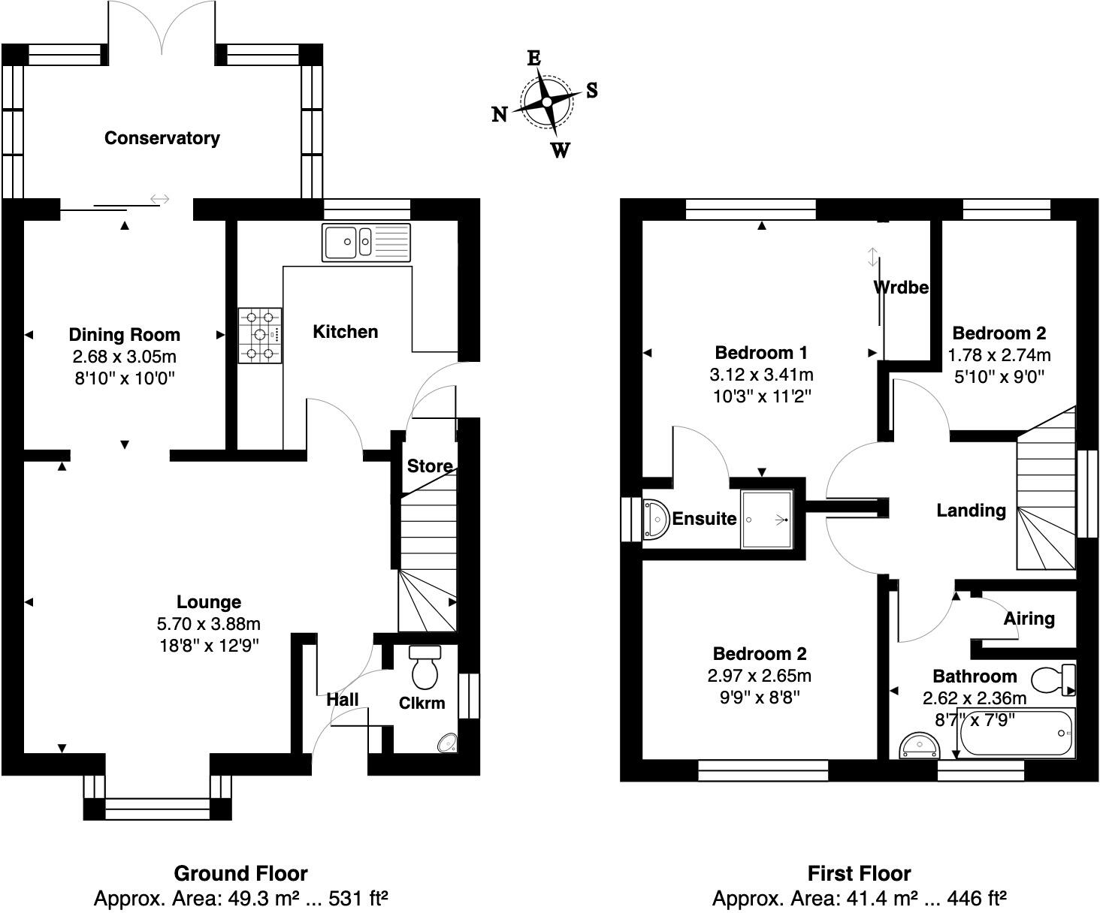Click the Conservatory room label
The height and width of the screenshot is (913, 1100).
162,138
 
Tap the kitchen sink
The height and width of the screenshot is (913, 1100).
367,242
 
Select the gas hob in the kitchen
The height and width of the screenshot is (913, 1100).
260,336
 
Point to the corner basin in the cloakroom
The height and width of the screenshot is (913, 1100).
449,743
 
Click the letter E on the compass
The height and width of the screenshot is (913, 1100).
534,59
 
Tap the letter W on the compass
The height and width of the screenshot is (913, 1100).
560,150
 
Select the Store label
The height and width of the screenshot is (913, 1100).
430,466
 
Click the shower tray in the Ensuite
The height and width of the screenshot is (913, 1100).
766,519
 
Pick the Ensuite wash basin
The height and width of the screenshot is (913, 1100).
656,519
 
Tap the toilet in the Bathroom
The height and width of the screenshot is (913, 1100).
1053,679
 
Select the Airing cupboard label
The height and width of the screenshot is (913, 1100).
1029,619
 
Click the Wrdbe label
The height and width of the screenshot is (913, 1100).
901,287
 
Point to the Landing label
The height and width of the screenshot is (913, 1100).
971,511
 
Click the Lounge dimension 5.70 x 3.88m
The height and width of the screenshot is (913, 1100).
209,624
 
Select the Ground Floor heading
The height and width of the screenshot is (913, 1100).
240,874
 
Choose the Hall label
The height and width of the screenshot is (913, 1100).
342,700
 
